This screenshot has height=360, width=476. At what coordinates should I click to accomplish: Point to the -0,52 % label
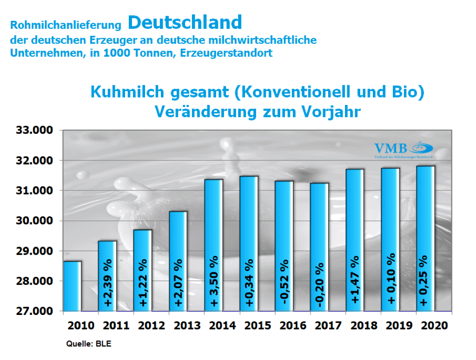point(284,283)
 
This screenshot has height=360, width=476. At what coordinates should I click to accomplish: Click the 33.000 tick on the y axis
point(35,131)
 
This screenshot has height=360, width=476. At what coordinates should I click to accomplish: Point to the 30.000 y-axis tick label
point(35,221)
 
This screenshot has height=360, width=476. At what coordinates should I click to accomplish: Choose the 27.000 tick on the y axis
point(35,311)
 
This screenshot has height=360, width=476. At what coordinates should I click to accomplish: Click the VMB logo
point(403,150)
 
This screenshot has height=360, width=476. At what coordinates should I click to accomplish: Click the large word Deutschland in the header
point(185,22)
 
